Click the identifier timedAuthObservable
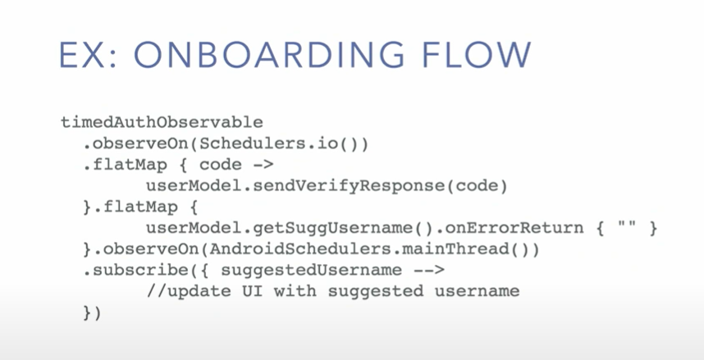pyautogui.click(x=162, y=122)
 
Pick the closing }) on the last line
pyautogui.click(x=92, y=312)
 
